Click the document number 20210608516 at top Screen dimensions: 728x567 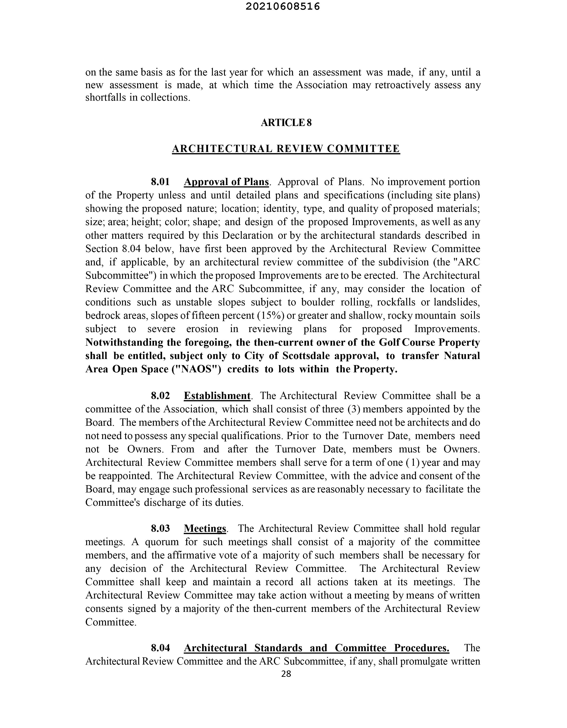coord(283,7)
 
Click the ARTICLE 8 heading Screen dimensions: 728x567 coord(286,123)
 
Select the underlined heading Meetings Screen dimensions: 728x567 coord(205,528)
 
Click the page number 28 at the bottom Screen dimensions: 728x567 coord(286,674)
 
